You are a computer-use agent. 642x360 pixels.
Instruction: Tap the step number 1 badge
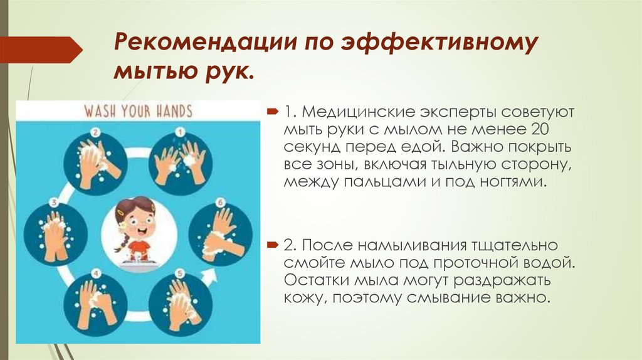pyautogui.click(x=178, y=132)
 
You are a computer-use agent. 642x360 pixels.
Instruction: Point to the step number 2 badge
pyautogui.click(x=96, y=132)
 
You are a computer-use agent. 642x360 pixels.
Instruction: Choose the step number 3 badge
pyautogui.click(x=54, y=202)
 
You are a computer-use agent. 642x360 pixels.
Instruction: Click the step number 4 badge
pyautogui.click(x=96, y=273)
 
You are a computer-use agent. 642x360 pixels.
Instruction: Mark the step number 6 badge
pyautogui.click(x=221, y=202)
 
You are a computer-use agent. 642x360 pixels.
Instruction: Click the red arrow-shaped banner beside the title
pyautogui.click(x=41, y=49)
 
